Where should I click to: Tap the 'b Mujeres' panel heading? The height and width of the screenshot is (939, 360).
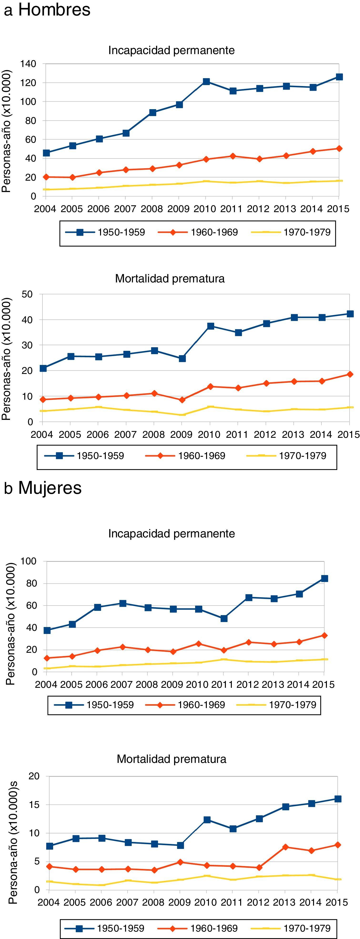pyautogui.click(x=43, y=488)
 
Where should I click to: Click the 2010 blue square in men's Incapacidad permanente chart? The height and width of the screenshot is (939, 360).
pyautogui.click(x=206, y=82)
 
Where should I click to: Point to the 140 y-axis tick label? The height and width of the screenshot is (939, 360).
pyautogui.click(x=28, y=64)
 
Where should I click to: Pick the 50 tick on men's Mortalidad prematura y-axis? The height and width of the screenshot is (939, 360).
pyautogui.click(x=27, y=294)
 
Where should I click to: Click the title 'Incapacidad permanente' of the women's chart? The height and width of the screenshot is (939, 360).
pyautogui.click(x=171, y=534)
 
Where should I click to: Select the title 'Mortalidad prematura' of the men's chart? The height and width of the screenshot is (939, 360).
pyautogui.click(x=170, y=279)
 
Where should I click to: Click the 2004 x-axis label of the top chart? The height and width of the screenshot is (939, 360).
pyautogui.click(x=45, y=209)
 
